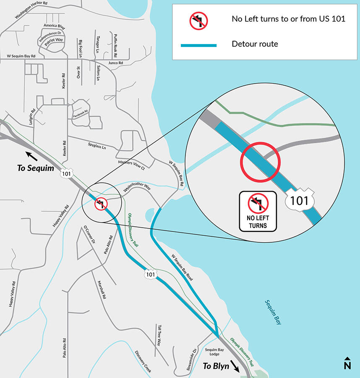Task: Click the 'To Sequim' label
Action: click(x=36, y=168)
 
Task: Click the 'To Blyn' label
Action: click(x=216, y=366)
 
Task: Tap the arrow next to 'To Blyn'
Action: click(x=235, y=368)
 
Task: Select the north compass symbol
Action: click(x=347, y=363)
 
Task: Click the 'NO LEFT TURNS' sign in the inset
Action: click(x=258, y=211)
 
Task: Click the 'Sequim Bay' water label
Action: click(x=273, y=312)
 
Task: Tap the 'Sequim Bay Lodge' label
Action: click(x=214, y=352)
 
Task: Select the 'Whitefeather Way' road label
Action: click(x=137, y=190)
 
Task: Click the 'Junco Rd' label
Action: click(x=115, y=63)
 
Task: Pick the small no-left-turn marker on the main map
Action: click(x=101, y=204)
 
